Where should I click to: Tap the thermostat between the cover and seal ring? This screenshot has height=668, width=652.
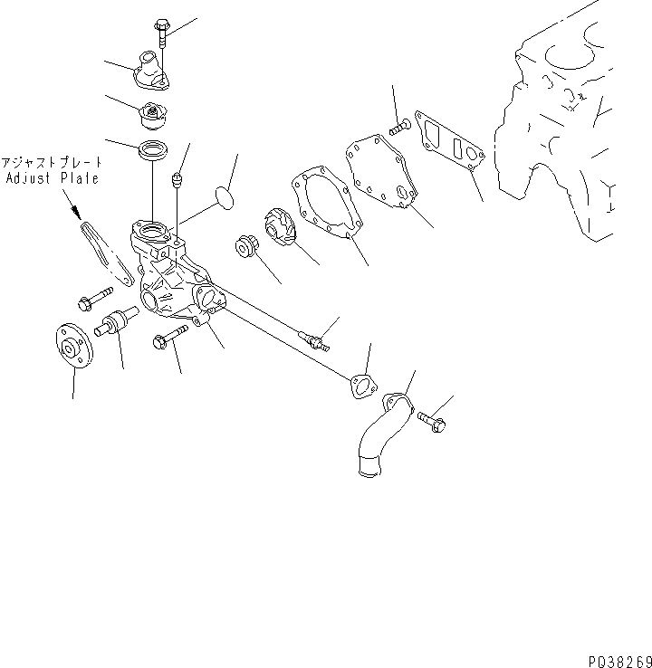click(x=153, y=116)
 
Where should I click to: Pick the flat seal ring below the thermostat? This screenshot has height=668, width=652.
click(x=152, y=151)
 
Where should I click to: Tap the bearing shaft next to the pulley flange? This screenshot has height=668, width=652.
click(x=116, y=324)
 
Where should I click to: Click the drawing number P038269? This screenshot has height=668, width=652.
click(x=613, y=659)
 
